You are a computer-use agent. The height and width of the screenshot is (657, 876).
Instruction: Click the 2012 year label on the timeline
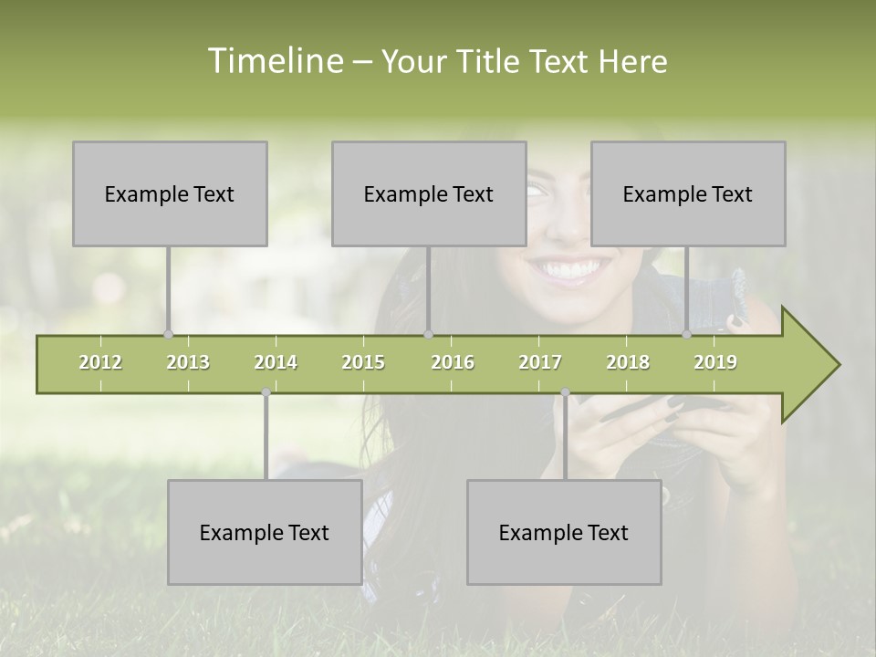(100, 362)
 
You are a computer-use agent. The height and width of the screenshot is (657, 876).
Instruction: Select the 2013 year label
(188, 362)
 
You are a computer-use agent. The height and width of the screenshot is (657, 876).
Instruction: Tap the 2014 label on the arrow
(276, 362)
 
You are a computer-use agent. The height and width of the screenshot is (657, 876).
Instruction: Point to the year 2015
(363, 362)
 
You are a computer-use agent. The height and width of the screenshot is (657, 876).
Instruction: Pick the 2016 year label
(453, 362)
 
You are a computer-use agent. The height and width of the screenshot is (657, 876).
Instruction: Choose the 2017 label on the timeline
(540, 362)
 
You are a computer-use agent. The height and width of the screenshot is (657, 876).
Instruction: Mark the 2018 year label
(628, 362)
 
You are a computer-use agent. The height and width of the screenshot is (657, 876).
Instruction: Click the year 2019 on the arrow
(715, 362)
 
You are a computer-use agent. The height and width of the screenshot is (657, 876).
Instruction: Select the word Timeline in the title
(274, 61)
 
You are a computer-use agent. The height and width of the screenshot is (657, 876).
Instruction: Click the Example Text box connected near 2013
(170, 193)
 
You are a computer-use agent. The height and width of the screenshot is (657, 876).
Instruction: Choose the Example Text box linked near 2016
(429, 193)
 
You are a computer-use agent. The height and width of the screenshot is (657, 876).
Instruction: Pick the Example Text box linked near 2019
(688, 193)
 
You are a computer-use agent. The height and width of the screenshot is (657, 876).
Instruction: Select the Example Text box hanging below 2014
(265, 532)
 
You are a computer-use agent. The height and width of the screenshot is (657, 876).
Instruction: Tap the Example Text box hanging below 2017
(564, 532)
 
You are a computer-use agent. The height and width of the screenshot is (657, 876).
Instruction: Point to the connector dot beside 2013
(168, 335)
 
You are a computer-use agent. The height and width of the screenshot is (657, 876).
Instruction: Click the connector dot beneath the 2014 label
(266, 392)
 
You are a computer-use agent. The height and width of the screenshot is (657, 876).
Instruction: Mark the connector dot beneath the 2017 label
(565, 392)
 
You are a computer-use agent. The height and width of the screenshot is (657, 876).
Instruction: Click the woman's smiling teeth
(567, 270)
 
